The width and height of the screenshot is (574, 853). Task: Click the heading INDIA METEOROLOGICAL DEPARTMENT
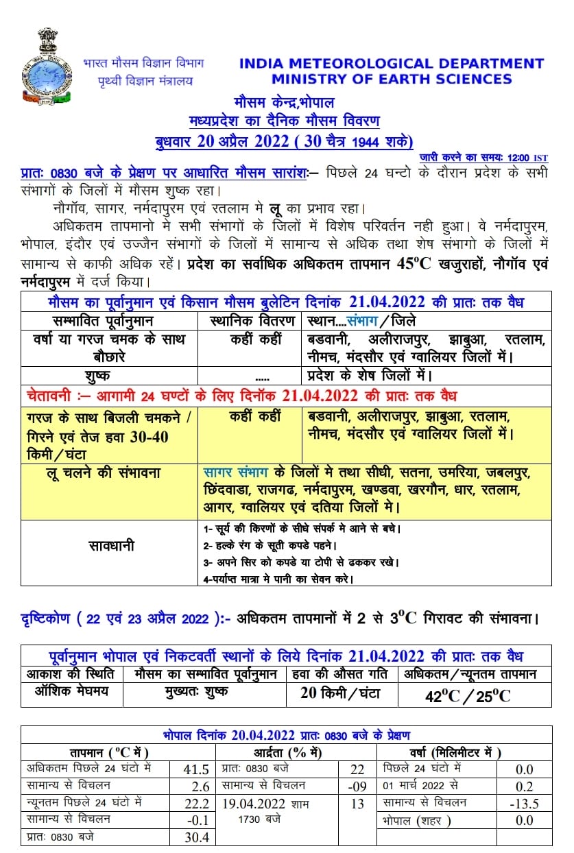[392, 64]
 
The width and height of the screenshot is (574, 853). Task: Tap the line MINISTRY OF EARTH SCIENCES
[392, 79]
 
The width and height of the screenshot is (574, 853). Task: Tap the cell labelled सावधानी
[110, 546]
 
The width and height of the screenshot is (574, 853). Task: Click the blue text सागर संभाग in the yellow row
[237, 473]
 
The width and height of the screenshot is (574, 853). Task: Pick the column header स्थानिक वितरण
[250, 320]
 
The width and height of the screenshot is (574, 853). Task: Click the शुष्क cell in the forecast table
[110, 376]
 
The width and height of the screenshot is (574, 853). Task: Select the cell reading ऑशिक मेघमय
[72, 691]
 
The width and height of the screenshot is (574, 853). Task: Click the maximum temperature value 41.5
[195, 770]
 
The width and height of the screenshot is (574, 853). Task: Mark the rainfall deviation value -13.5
[527, 804]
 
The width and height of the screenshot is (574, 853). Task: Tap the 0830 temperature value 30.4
[195, 838]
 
